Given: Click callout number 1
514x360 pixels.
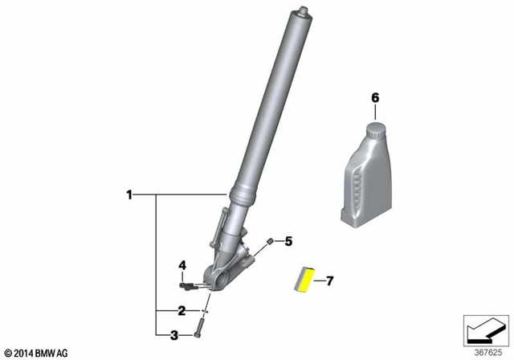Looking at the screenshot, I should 128,194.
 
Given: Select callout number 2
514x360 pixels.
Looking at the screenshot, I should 182,310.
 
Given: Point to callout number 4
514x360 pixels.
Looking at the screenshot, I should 182,264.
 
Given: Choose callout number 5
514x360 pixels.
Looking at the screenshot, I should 290,240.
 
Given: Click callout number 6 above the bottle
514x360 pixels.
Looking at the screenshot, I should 373,97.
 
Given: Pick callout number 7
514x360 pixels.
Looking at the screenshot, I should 328,280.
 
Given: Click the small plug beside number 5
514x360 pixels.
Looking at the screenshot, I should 271,241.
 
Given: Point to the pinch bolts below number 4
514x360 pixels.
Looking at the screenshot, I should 186,283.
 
